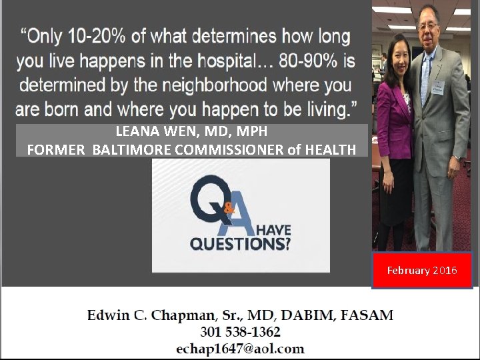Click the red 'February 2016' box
(422, 270)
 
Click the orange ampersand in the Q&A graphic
(229, 208)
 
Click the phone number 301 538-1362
(240, 331)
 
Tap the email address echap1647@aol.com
(240, 348)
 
